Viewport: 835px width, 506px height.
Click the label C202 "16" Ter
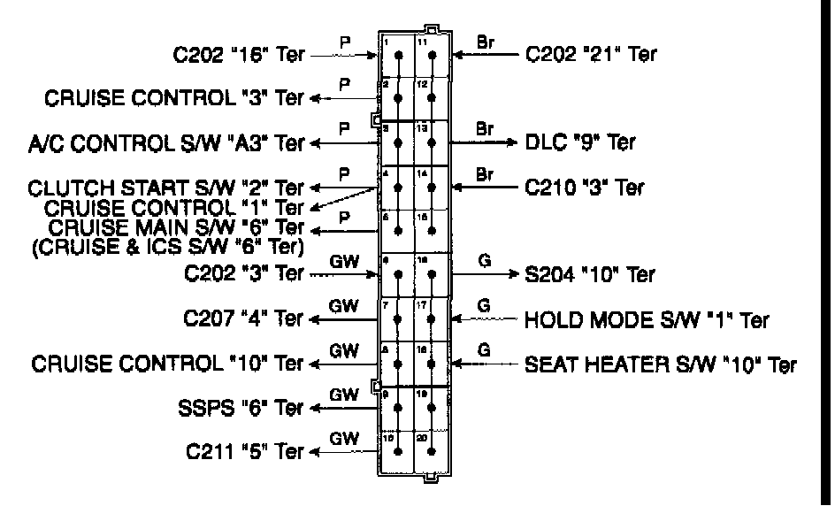pos(238,56)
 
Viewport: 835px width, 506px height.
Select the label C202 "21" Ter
pos(592,55)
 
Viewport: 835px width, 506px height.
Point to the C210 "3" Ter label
pos(585,187)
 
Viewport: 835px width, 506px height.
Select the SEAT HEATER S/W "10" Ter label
pos(660,363)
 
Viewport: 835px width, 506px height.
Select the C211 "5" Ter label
pos(245,453)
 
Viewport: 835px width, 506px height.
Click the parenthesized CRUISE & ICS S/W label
pos(166,244)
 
